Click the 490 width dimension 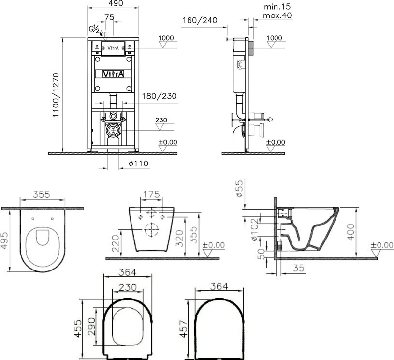[x=117, y=3]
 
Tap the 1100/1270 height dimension [x=56, y=95]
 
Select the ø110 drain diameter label [x=138, y=164]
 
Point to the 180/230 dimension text [x=160, y=96]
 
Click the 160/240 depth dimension [x=200, y=20]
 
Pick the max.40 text [x=277, y=15]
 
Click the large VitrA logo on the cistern [x=114, y=74]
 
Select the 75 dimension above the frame [x=109, y=17]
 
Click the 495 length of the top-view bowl [x=5, y=241]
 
